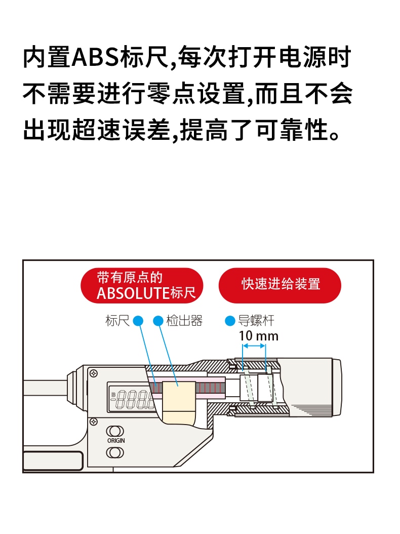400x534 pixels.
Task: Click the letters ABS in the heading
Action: pos(96,57)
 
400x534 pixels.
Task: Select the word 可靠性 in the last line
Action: pos(293,130)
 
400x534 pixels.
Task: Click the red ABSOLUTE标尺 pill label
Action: pos(142,285)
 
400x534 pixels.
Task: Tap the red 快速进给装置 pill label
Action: pos(280,285)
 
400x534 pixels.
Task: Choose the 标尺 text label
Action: pos(117,321)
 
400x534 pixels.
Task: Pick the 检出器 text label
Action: pos(184,321)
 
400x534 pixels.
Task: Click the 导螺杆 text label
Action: pos(256,321)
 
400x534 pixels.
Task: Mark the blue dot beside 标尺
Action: pos(138,321)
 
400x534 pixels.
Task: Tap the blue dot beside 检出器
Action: pos(158,321)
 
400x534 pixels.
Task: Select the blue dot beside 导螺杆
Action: pos(230,321)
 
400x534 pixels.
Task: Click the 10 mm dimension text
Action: pos(258,336)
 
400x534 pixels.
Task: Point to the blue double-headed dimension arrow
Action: pos(254,346)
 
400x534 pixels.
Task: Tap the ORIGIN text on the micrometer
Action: pos(116,441)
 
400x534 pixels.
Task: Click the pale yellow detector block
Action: pos(179,402)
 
